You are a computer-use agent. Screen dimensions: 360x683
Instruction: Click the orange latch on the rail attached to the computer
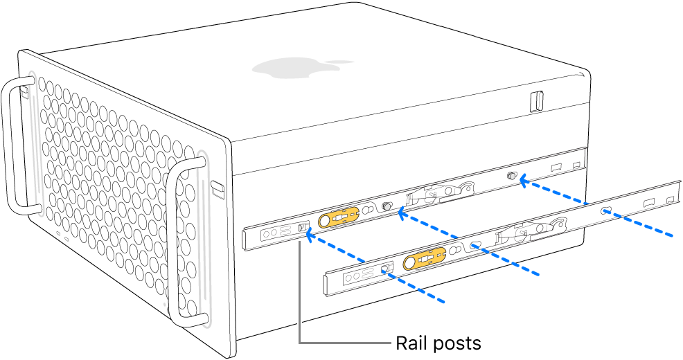[x=338, y=217]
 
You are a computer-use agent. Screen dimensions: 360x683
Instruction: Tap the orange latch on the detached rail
[x=424, y=260]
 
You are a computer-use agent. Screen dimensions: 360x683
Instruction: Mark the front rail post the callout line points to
[x=301, y=228]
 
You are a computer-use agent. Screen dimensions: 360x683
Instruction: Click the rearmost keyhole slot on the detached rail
[x=606, y=210]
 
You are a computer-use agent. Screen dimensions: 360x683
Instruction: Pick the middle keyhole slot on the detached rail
[x=476, y=245]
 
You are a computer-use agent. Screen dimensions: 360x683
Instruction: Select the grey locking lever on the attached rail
[x=441, y=194]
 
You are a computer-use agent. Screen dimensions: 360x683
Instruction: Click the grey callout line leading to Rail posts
[x=299, y=298]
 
